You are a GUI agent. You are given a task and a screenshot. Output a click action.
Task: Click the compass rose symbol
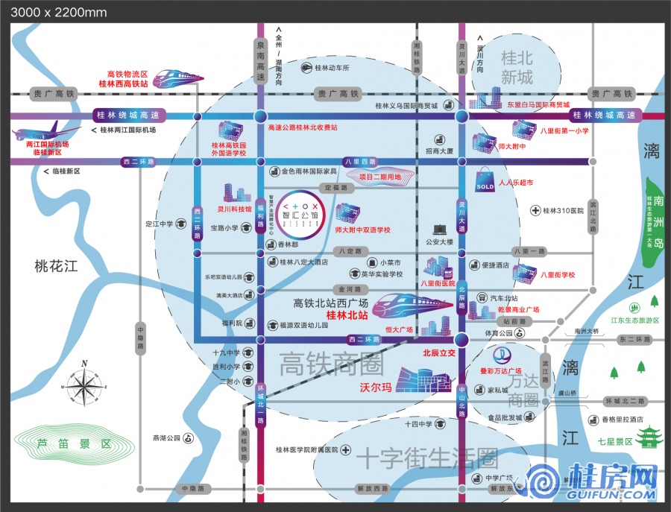(84, 385)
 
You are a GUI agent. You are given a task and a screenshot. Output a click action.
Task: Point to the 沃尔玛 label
(376, 388)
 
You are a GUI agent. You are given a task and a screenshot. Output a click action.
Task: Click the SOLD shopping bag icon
(485, 182)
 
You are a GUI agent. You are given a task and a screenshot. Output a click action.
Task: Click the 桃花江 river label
(56, 265)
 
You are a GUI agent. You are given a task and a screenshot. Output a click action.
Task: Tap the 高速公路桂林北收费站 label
(303, 128)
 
